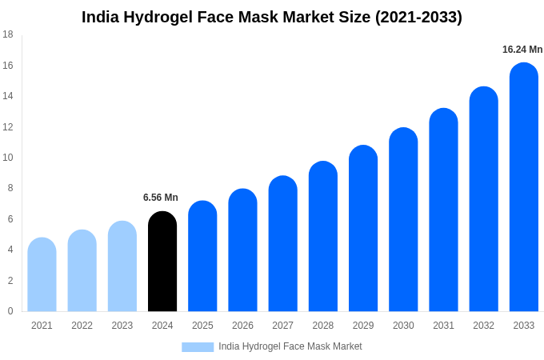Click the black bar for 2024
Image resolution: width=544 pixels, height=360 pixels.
click(x=162, y=262)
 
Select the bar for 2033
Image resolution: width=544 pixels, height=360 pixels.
click(x=524, y=187)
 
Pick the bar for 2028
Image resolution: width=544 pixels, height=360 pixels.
click(x=323, y=237)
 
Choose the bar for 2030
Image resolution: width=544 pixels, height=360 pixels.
click(x=403, y=220)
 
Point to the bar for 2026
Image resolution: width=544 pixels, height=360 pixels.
click(x=242, y=250)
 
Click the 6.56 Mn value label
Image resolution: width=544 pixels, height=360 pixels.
click(x=161, y=198)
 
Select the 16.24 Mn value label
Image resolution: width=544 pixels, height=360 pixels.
click(x=522, y=50)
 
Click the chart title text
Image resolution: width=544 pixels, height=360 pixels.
click(x=272, y=17)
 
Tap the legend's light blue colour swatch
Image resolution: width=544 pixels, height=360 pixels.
click(x=198, y=347)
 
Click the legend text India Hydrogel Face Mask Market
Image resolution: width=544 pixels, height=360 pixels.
click(x=290, y=346)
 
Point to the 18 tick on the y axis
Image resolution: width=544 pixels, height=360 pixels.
click(x=8, y=34)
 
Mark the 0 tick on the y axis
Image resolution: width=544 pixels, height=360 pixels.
click(x=10, y=311)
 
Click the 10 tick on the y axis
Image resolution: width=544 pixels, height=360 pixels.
click(x=8, y=158)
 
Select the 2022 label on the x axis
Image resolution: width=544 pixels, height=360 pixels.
click(x=82, y=326)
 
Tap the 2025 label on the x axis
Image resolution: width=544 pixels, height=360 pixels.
click(x=202, y=326)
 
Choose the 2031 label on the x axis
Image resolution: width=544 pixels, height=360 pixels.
click(x=443, y=326)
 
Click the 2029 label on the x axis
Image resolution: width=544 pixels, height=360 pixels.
click(x=363, y=326)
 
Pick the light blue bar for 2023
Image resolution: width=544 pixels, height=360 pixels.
click(x=122, y=266)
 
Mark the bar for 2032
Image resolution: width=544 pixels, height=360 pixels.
click(x=484, y=199)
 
